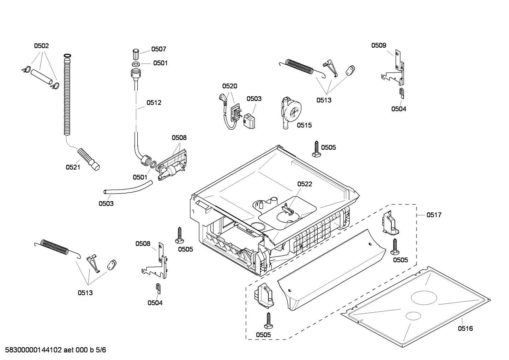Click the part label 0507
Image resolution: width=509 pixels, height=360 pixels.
click(158, 49)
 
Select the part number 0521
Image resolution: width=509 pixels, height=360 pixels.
click(73, 167)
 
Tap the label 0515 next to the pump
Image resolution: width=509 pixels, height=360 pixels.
click(304, 125)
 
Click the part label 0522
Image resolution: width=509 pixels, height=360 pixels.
click(305, 184)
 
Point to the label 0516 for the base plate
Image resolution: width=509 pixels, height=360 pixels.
click(465, 329)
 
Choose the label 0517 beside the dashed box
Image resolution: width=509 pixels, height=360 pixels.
click(434, 215)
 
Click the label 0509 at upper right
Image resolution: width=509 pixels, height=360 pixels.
click(378, 45)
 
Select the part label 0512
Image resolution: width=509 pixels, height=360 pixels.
click(154, 103)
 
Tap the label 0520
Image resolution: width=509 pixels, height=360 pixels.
click(229, 86)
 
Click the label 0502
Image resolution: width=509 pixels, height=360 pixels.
click(41, 46)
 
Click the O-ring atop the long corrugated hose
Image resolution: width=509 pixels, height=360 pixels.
click(67, 56)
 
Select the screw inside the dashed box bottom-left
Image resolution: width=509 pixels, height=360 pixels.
click(268, 320)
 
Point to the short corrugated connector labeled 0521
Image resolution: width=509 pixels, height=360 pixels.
click(88, 159)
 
